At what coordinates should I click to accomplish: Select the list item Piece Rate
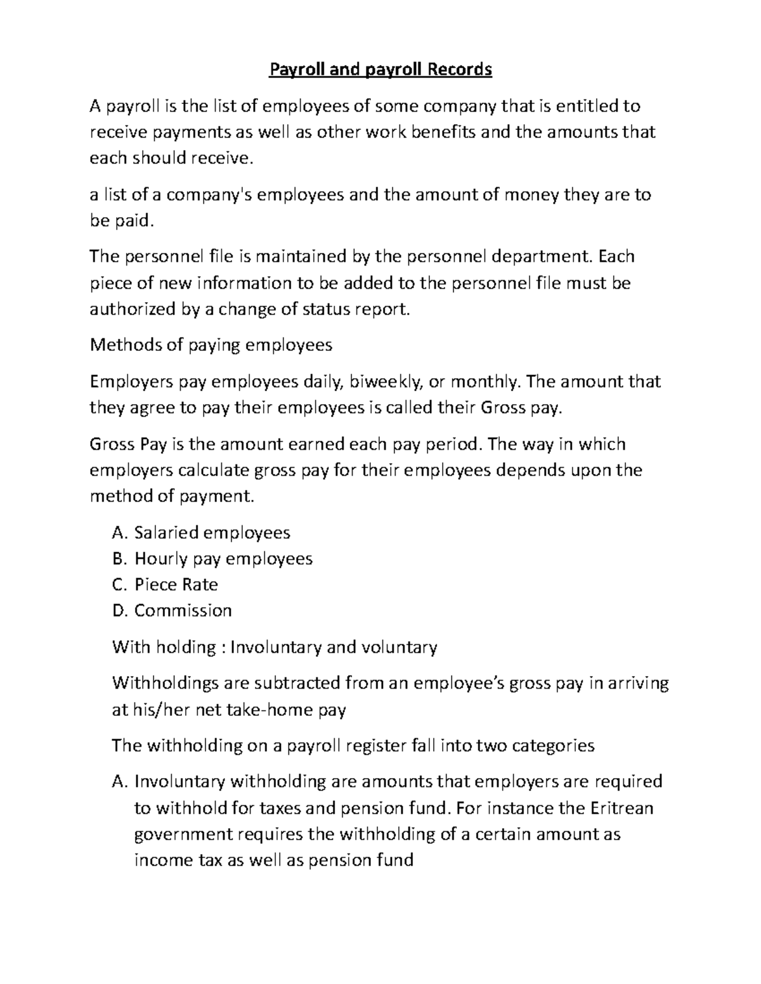[176, 584]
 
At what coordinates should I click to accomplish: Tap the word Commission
[183, 610]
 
